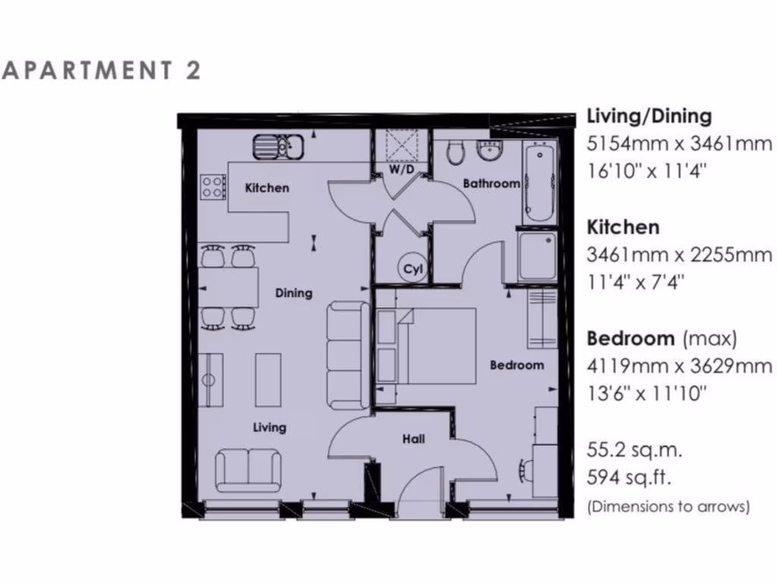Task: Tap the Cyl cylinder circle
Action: click(412, 269)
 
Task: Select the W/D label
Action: click(401, 169)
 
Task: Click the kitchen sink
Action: click(278, 145)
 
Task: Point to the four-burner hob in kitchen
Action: click(212, 186)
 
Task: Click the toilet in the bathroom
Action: click(456, 153)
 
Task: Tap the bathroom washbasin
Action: click(491, 151)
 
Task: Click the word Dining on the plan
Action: click(294, 293)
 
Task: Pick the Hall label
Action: click(414, 439)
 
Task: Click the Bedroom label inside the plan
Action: click(517, 365)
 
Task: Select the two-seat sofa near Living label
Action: click(247, 470)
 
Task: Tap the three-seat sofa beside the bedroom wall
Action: click(348, 355)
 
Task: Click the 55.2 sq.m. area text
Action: click(634, 450)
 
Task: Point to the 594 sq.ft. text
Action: click(629, 478)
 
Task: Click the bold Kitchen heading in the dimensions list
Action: click(623, 227)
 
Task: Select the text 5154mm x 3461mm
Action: click(680, 143)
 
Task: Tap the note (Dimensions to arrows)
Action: click(668, 506)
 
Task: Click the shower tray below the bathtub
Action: click(538, 255)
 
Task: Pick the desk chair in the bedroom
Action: click(524, 470)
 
